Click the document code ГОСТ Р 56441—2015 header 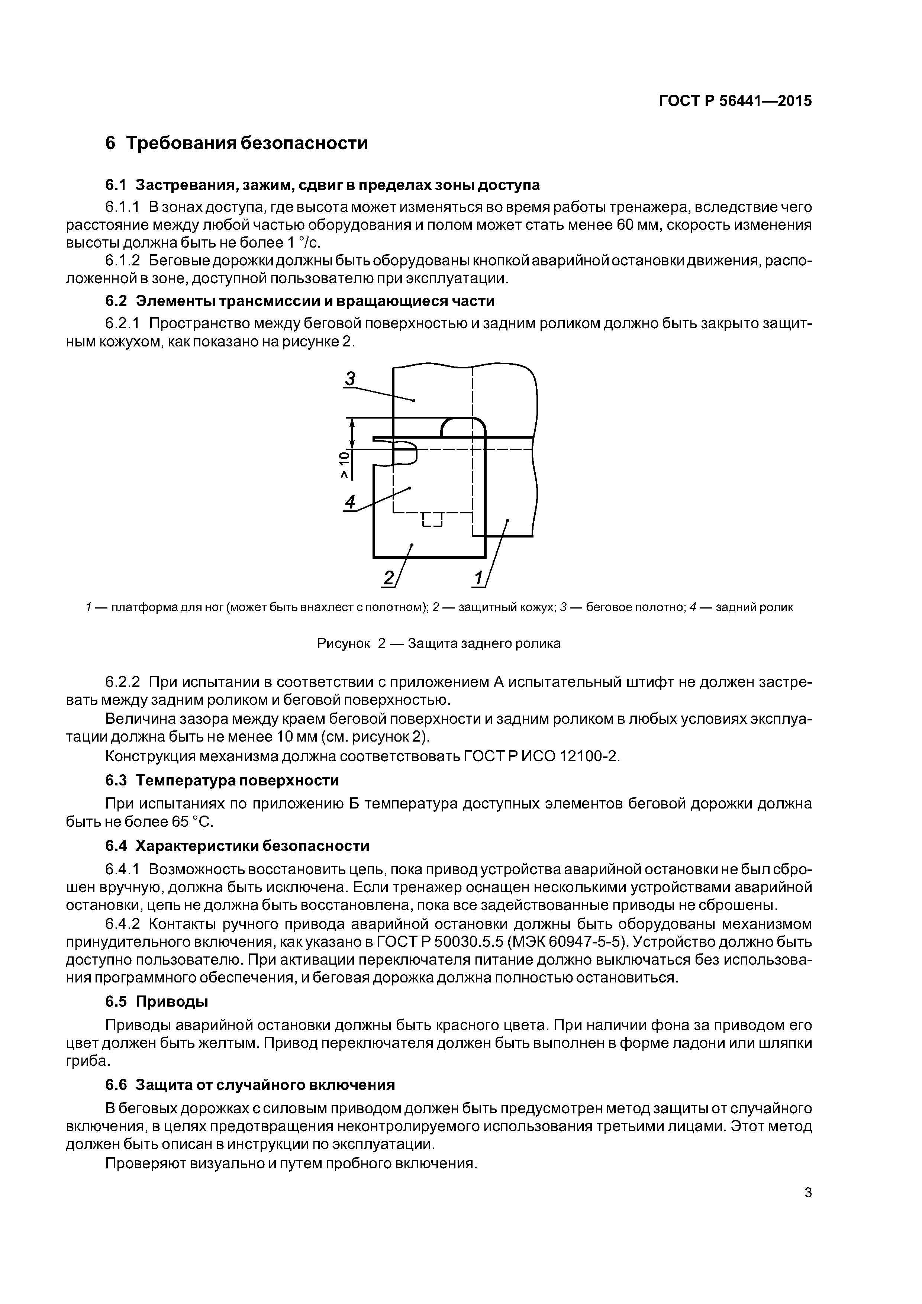(x=735, y=101)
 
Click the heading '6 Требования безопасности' (x=236, y=143)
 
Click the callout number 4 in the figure (x=350, y=501)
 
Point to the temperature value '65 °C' (x=189, y=822)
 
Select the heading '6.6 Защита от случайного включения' (x=250, y=1085)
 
